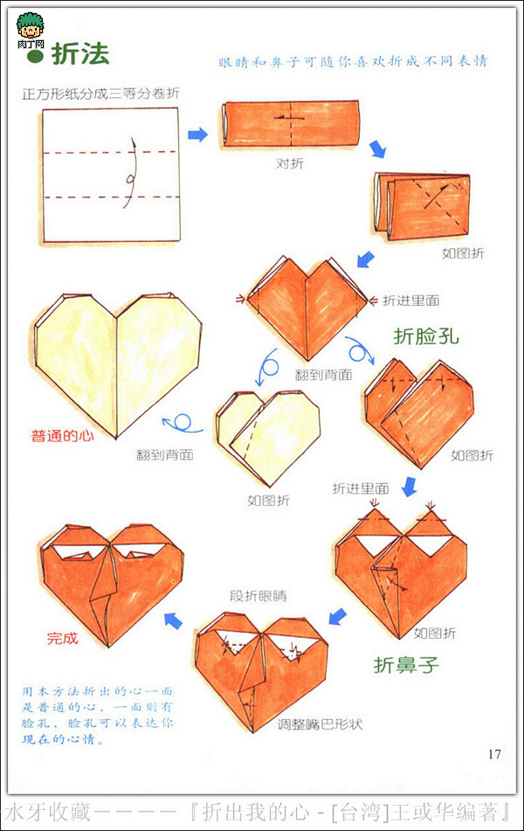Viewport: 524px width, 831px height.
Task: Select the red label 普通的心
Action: click(x=62, y=434)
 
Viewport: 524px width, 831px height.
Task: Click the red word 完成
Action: click(x=62, y=639)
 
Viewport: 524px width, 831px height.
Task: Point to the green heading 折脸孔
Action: click(x=426, y=336)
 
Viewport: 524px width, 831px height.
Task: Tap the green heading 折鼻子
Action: click(x=407, y=665)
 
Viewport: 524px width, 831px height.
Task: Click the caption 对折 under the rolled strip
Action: click(x=290, y=163)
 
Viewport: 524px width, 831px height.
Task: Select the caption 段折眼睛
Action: click(x=258, y=597)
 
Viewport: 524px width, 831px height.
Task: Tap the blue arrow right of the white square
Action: click(x=198, y=134)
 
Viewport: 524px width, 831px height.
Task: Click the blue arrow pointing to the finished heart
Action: click(x=175, y=620)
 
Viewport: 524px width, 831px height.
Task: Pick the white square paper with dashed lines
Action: click(x=108, y=174)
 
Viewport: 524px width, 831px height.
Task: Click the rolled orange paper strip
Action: click(x=290, y=124)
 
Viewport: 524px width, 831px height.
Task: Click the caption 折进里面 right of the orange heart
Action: click(x=410, y=301)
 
